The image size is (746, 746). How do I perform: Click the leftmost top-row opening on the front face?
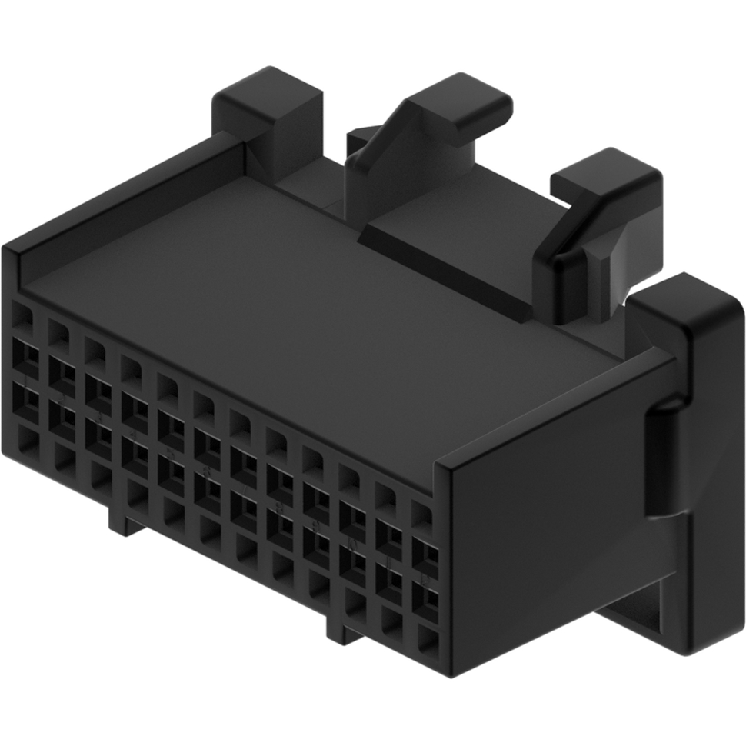tap(22, 316)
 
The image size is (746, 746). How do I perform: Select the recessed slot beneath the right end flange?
tap(631, 608)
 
